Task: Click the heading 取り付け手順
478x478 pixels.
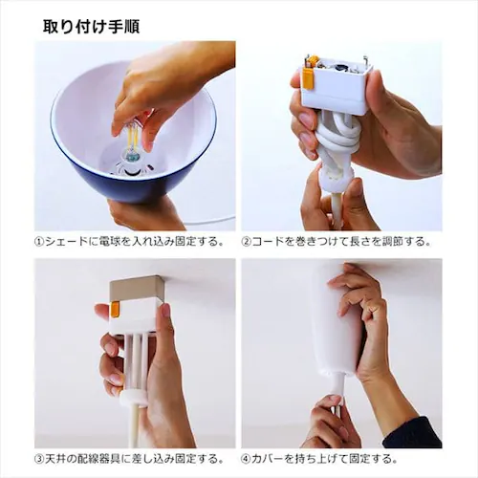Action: point(91,27)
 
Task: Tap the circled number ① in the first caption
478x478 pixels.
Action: point(39,242)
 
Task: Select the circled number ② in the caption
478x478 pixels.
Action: point(247,242)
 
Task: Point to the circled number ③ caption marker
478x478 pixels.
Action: point(39,459)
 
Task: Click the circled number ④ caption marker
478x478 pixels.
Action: point(247,459)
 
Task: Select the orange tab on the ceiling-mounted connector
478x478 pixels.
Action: point(114,309)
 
